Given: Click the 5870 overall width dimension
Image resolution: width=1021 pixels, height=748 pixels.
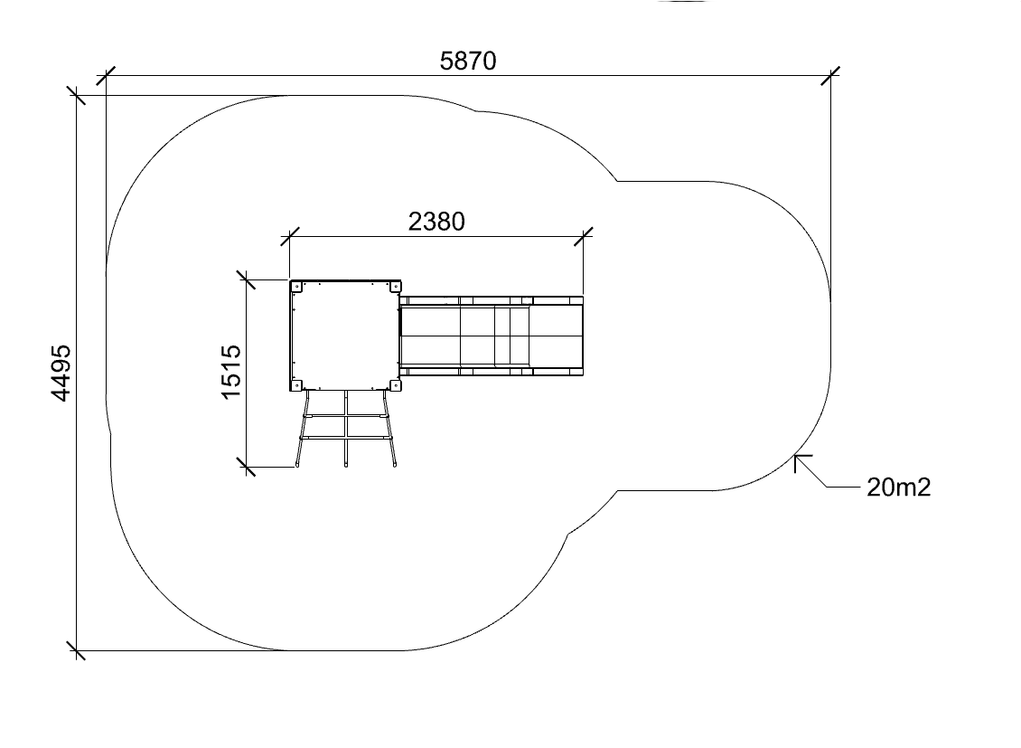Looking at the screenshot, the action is point(468,62).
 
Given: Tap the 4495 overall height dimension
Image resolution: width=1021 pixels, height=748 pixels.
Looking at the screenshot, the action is point(61,374).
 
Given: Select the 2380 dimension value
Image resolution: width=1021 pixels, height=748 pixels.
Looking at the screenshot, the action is point(436,223).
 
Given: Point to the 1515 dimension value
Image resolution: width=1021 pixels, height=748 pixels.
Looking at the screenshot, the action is point(231,372).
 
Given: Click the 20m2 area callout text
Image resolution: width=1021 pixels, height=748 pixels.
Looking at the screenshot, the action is point(899,488).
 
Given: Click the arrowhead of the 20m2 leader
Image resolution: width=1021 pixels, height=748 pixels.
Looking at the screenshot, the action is point(796,456).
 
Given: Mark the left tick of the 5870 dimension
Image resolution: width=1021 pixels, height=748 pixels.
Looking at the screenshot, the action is point(106,76).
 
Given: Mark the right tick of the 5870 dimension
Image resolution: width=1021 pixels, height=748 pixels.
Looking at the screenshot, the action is point(830,76).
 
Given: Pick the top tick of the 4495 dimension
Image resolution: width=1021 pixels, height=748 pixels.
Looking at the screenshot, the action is point(77,96).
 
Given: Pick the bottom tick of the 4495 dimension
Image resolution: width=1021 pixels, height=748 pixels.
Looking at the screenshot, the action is point(77,650).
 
